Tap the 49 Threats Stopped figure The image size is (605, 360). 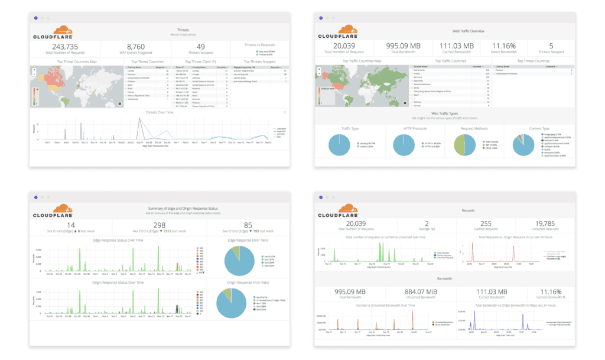coord(201,47)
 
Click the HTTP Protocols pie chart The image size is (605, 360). coord(406,145)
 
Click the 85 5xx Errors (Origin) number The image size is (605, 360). coord(248,225)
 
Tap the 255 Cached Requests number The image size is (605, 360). coord(486,225)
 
